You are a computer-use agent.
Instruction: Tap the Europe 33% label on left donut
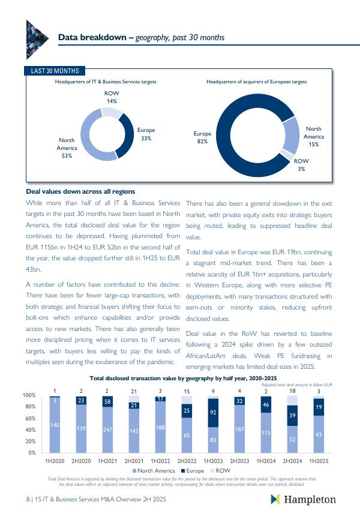coord(146,134)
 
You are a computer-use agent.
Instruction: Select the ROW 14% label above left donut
coord(112,97)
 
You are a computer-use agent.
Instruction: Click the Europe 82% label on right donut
coord(202,137)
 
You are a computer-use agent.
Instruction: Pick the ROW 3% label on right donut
coord(301,165)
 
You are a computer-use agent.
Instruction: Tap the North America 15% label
coord(314,137)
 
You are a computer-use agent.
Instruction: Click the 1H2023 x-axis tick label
coord(213,461)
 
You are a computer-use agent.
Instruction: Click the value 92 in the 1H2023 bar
coord(213,413)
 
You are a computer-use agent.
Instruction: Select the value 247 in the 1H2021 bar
coord(108,430)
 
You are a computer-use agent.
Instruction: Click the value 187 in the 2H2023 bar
coord(239,429)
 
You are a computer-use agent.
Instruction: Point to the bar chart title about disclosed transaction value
coord(183,378)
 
